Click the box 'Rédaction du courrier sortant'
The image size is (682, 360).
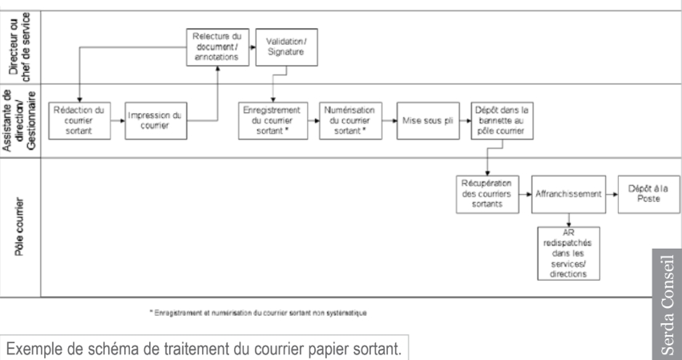pos(79,120)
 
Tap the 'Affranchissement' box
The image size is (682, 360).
pos(567,193)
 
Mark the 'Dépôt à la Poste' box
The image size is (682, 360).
pos(646,193)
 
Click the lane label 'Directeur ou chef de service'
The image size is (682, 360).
pos(18,44)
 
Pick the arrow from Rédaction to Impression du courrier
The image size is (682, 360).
pos(117,120)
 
